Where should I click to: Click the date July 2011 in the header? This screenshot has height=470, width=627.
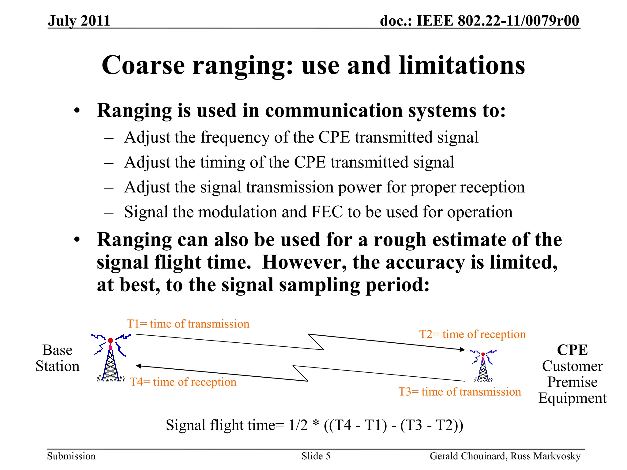click(79, 21)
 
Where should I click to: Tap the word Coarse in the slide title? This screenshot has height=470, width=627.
click(143, 65)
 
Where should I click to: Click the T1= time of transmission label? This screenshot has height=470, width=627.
click(188, 324)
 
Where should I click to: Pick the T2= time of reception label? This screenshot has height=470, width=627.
click(472, 334)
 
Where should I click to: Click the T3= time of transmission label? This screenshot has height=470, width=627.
click(459, 392)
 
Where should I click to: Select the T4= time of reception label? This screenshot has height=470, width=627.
click(183, 382)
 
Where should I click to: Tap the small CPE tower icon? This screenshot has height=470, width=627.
click(483, 366)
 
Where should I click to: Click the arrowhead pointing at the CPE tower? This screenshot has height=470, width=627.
click(462, 349)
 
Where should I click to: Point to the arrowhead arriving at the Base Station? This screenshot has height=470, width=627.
click(139, 366)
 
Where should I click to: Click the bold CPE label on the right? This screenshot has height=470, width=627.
click(572, 350)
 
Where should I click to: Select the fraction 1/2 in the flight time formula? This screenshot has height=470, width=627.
click(298, 425)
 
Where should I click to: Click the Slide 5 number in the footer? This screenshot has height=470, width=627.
click(316, 456)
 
